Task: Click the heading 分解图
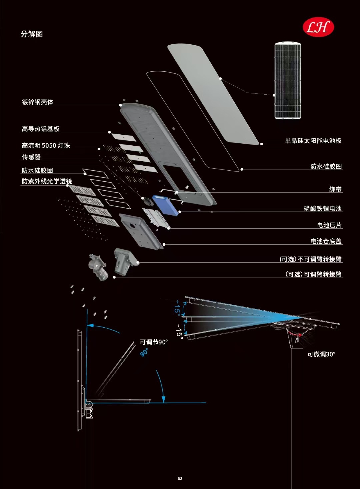pos(32,34)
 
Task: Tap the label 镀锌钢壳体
pos(38,102)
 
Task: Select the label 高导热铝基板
pos(41,129)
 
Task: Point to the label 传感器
pos(31,157)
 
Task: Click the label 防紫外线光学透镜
pos(47,181)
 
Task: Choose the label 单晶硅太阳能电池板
pos(313,141)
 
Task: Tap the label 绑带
pos(335,189)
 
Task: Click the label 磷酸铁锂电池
pos(323,209)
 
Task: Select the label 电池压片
pos(329,225)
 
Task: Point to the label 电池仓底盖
pos(326,241)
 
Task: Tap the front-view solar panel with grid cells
pos(288,80)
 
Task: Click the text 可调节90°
pos(154,342)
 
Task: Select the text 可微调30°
pos(321,354)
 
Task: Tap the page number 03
pos(180,479)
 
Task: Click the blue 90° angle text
pos(144,352)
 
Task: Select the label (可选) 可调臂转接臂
pos(313,274)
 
